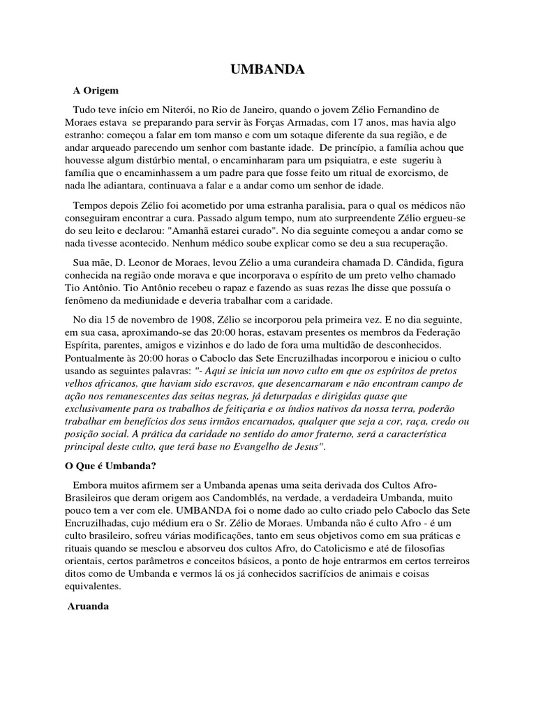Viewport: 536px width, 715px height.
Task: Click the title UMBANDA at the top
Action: (x=268, y=70)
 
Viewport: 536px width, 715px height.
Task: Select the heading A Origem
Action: (x=96, y=91)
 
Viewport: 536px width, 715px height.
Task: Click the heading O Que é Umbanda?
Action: (x=106, y=466)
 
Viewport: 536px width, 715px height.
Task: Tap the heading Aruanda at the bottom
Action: (x=89, y=606)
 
